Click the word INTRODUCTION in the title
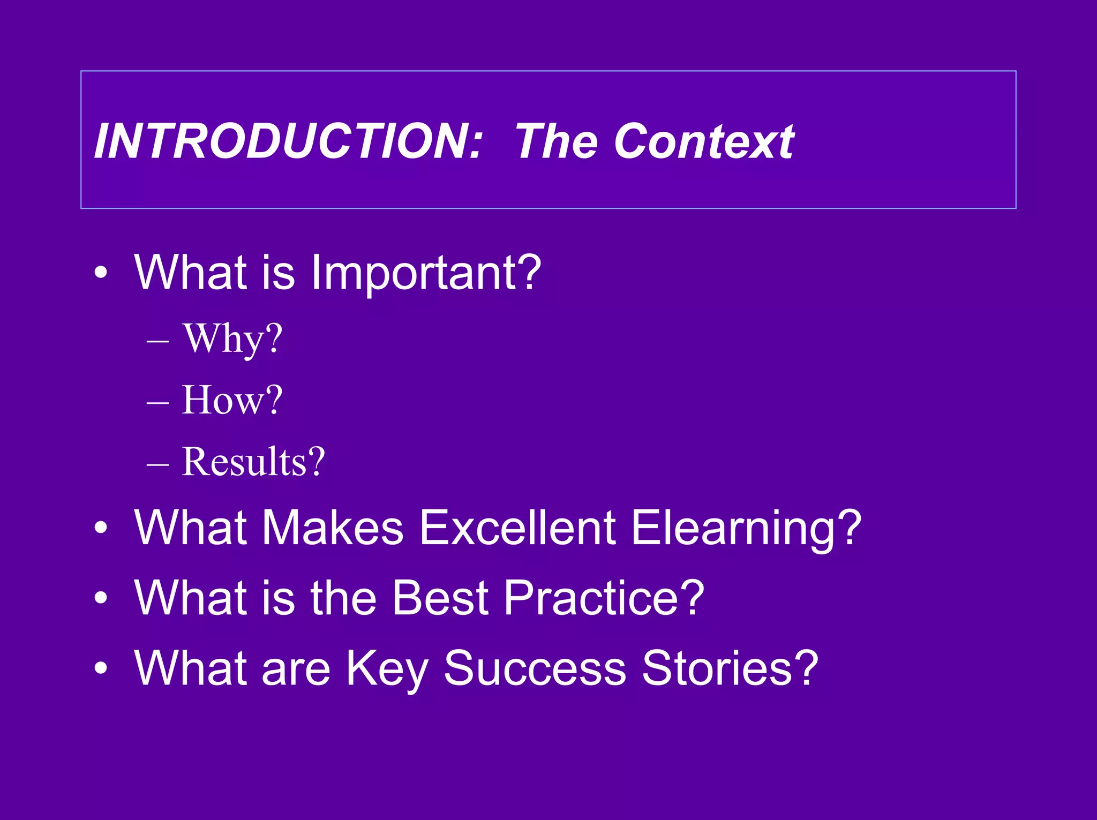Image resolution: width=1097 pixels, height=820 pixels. [288, 141]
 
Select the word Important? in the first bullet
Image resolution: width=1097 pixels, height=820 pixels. [426, 273]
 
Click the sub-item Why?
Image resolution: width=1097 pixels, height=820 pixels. [232, 338]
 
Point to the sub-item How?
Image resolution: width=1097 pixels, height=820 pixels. [232, 400]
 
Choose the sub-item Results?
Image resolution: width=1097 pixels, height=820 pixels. [253, 462]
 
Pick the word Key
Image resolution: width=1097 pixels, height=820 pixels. [386, 668]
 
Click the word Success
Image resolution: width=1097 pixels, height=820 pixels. [535, 667]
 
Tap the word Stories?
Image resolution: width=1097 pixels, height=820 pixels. [730, 667]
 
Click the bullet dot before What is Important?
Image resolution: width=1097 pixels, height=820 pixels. [101, 273]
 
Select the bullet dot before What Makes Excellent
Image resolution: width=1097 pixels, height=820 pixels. [101, 528]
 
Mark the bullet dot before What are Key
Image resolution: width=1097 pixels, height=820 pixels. [101, 668]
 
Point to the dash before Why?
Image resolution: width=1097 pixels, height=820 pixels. [157, 341]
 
